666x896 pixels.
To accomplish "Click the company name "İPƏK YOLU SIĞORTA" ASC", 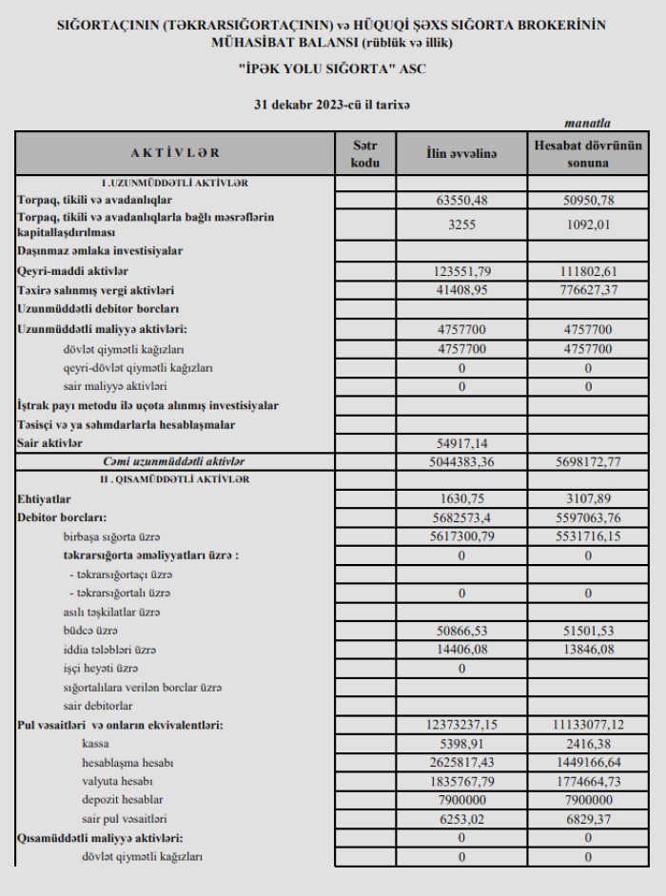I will point(332,71).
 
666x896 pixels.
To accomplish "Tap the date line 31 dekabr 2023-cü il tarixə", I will point(332,105).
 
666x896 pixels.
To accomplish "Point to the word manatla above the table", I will point(587,123).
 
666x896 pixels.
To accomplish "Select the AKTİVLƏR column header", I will point(175,153).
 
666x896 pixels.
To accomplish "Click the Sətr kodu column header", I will point(365,153).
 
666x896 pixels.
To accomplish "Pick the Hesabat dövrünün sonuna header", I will point(587,153).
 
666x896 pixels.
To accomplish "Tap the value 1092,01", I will point(587,224).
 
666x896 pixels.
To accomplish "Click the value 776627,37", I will point(587,289).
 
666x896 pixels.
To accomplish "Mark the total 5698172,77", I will point(587,461).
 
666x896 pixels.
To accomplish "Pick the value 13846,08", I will point(587,649).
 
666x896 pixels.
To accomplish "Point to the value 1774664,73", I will point(587,781).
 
